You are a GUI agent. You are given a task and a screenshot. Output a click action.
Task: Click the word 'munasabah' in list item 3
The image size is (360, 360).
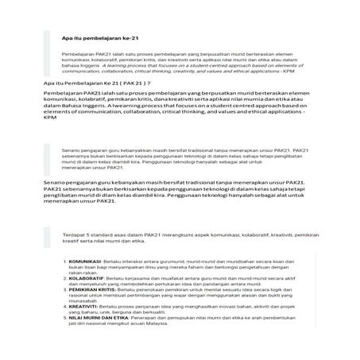pos(85,300)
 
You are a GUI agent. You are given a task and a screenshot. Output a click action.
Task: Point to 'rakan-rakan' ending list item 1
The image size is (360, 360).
pos(83,273)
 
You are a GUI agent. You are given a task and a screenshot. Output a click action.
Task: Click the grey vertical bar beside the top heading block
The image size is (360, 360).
pos(47,52)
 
